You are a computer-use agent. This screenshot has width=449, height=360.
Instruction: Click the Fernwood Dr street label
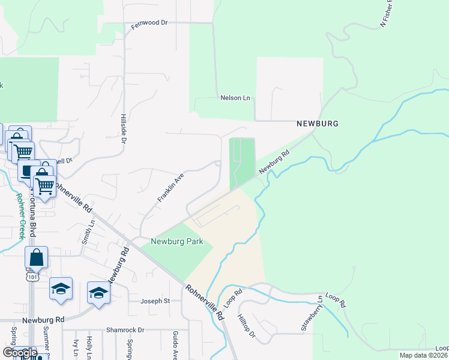(x=149, y=23)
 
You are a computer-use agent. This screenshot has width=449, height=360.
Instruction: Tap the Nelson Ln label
(x=235, y=98)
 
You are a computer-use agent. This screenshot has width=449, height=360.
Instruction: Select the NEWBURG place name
(x=318, y=124)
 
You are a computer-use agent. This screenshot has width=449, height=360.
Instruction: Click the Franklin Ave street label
(x=170, y=188)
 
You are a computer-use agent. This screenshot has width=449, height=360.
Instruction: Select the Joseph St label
(x=155, y=301)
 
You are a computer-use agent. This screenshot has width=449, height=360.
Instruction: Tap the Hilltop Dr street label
(x=246, y=325)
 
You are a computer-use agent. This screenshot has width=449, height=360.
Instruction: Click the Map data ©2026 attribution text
(x=423, y=355)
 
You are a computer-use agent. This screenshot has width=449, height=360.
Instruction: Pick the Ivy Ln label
(x=76, y=348)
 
